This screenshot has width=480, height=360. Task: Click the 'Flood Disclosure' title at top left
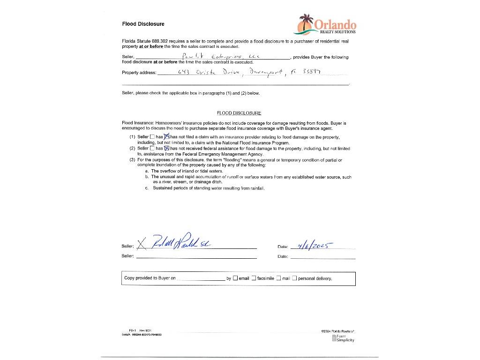[143, 24]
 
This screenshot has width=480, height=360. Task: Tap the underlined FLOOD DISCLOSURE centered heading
[239, 113]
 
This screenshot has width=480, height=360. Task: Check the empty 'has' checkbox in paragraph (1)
[152, 137]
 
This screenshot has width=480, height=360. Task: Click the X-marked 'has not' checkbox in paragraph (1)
[166, 137]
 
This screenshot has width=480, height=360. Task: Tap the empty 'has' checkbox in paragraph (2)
[152, 148]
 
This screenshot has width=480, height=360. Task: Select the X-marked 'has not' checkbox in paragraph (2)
[166, 148]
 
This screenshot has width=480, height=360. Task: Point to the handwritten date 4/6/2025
[309, 245]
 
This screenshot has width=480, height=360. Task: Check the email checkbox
[235, 278]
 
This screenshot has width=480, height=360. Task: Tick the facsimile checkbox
[254, 278]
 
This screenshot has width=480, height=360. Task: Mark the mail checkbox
[278, 278]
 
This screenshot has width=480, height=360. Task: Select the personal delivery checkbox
[294, 278]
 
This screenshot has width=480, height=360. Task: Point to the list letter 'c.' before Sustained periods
[147, 188]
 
